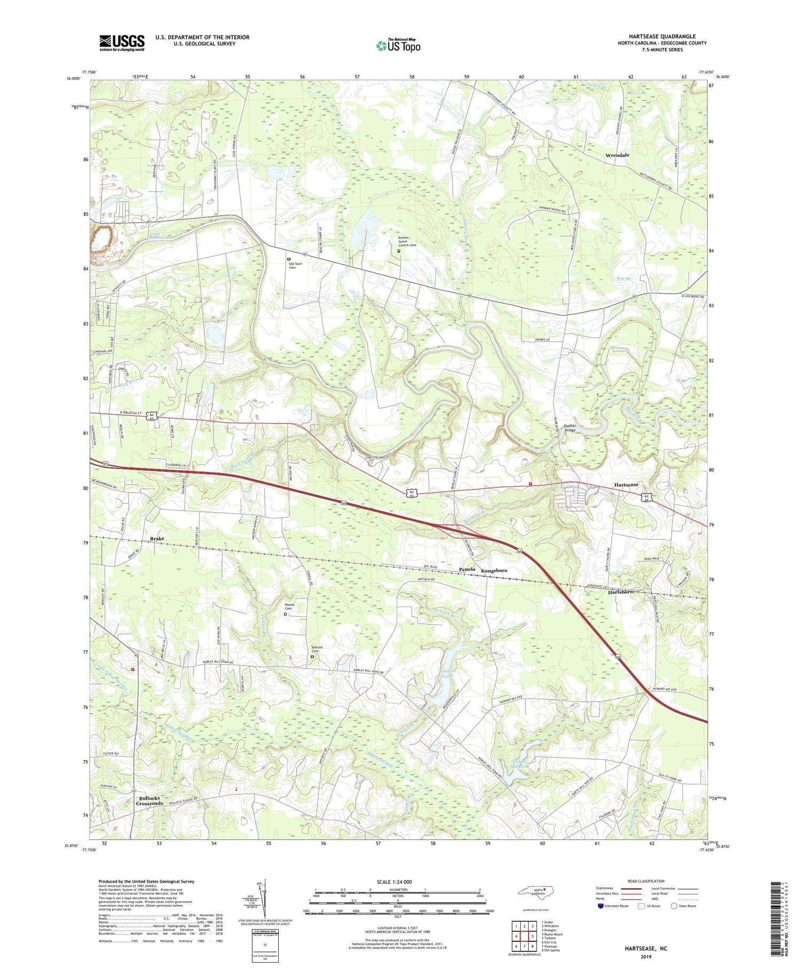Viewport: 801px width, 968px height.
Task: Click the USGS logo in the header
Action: [x=122, y=43]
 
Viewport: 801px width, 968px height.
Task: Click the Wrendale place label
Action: [x=617, y=155]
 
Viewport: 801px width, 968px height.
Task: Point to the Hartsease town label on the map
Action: [x=626, y=484]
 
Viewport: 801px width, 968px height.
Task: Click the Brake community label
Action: [x=157, y=539]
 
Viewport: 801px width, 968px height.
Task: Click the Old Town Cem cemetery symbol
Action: [x=289, y=259]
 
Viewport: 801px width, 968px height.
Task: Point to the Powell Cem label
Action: [x=289, y=607]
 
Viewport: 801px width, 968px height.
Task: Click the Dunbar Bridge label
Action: [x=574, y=427]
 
